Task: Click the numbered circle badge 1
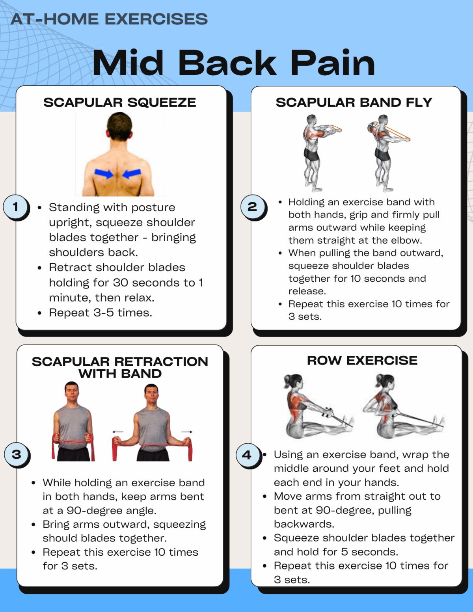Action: click(x=15, y=207)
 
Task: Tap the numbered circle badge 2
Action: click(x=252, y=206)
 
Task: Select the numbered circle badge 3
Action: click(x=17, y=454)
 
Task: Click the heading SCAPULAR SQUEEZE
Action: click(x=119, y=102)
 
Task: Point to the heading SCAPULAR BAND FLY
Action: click(x=354, y=102)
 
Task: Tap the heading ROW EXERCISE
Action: click(x=362, y=360)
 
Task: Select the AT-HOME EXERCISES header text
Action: click(x=109, y=19)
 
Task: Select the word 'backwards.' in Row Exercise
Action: click(x=304, y=524)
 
